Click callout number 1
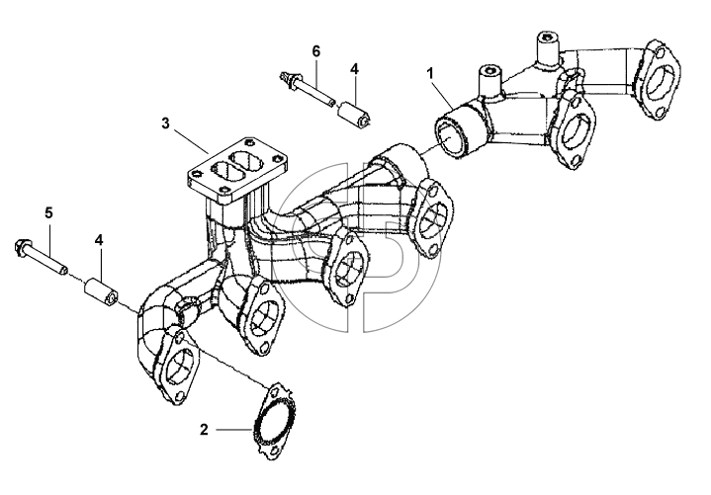[430, 72]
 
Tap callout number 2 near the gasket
[204, 430]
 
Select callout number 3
[165, 123]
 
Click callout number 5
[48, 212]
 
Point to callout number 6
[316, 51]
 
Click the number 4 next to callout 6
[354, 69]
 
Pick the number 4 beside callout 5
[99, 240]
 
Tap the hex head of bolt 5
[22, 248]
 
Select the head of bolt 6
[287, 79]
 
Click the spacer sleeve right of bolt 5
[100, 291]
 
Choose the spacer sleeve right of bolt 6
[355, 113]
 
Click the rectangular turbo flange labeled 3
[236, 170]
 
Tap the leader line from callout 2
[234, 429]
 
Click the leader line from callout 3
[192, 141]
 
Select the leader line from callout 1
[443, 95]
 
